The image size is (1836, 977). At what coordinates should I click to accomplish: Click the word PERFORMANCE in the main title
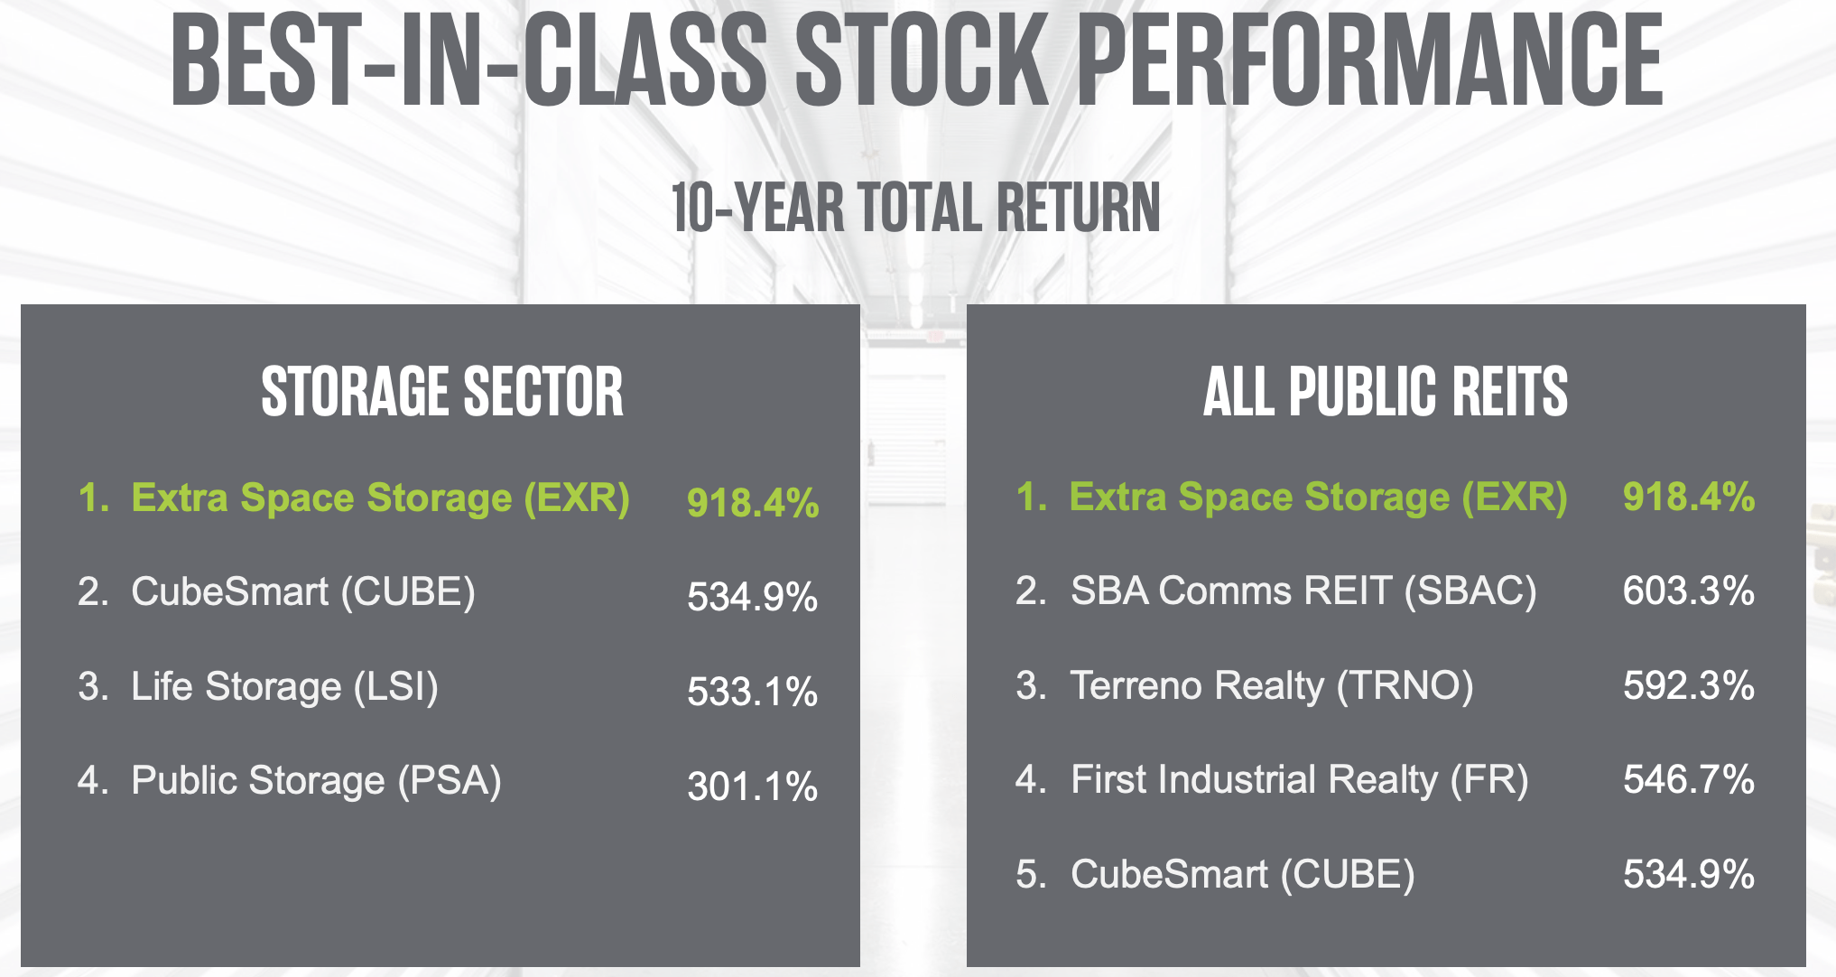(x=1369, y=61)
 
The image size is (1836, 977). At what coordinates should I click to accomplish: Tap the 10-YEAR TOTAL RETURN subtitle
(x=915, y=208)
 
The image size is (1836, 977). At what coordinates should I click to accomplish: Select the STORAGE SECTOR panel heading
(x=442, y=392)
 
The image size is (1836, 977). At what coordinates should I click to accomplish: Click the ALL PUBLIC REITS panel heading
(x=1386, y=392)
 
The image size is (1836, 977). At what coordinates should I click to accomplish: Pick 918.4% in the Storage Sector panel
(x=752, y=502)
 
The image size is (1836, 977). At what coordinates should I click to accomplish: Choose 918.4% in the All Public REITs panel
(x=1688, y=497)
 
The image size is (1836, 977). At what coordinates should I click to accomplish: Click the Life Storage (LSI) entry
(x=284, y=686)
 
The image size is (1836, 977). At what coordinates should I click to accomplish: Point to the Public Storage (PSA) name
(x=316, y=780)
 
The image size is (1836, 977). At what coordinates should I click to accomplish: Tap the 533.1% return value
(x=752, y=692)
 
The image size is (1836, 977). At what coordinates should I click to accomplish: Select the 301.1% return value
(x=752, y=786)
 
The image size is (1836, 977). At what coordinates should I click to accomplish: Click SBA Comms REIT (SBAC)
(x=1303, y=591)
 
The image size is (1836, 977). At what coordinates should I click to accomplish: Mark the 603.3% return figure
(x=1688, y=591)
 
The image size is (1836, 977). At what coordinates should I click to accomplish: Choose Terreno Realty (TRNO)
(x=1271, y=685)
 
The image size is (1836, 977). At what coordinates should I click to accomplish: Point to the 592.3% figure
(x=1688, y=685)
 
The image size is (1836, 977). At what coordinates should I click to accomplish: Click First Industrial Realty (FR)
(x=1299, y=779)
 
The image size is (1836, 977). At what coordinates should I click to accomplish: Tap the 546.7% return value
(x=1688, y=779)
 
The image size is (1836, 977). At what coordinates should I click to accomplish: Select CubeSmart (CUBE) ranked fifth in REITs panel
(x=1242, y=874)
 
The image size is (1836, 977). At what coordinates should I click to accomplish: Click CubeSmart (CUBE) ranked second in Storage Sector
(x=302, y=592)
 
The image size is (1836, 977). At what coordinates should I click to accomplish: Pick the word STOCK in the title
(x=921, y=61)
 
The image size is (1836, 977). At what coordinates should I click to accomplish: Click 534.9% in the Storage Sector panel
(x=752, y=597)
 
